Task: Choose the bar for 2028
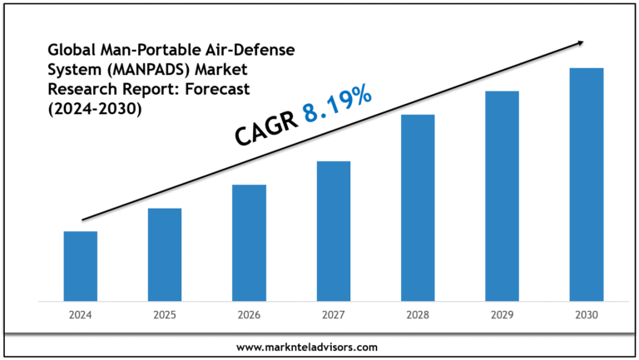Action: pos(418,207)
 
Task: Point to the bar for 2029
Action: pos(502,195)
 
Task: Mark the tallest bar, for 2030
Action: pos(586,184)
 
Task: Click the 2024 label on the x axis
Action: pos(81,315)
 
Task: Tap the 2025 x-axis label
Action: pos(165,315)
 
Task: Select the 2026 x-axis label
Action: pos(249,315)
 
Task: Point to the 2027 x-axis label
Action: pos(334,315)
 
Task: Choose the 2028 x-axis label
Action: pos(418,315)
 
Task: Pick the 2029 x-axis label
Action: pos(502,315)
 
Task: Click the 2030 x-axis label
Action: pos(586,315)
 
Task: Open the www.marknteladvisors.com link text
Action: pos(319,347)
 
